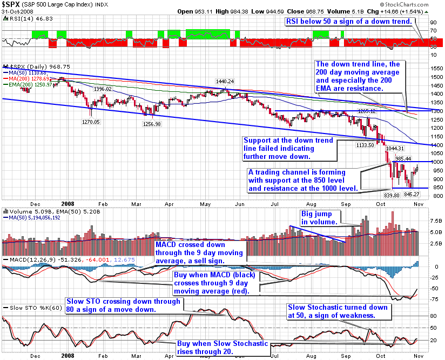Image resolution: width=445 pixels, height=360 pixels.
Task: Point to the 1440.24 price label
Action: coord(224,81)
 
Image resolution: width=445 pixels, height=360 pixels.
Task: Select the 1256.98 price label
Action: coord(144,124)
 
